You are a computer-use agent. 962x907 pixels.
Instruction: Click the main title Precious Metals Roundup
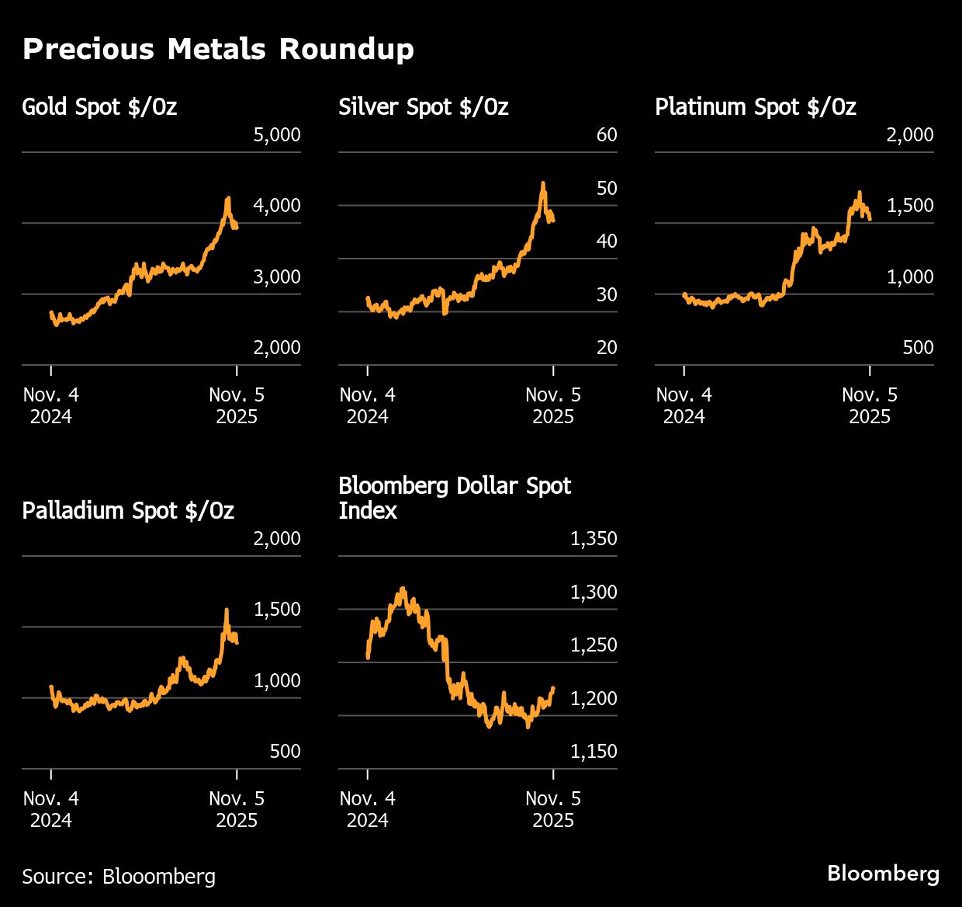coord(218,49)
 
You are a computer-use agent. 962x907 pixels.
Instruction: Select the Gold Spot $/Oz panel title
coord(99,106)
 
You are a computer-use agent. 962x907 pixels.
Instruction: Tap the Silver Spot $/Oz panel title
coord(423,106)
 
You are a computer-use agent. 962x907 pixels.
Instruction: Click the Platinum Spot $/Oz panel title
coord(755,106)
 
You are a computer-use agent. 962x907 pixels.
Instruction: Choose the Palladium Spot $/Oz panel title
coord(128,510)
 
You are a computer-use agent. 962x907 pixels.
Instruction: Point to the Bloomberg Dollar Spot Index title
coord(454,498)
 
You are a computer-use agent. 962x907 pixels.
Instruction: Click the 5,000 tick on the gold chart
coord(277,135)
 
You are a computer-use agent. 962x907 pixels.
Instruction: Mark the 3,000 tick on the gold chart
coord(277,277)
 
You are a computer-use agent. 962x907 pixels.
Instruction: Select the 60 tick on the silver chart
coord(606,135)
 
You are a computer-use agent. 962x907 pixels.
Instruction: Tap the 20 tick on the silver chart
coord(606,348)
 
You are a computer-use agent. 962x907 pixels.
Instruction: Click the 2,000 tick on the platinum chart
coord(910,135)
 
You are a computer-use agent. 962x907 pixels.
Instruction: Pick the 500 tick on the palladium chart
coord(285,752)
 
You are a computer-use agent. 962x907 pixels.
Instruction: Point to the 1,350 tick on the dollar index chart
coord(593,539)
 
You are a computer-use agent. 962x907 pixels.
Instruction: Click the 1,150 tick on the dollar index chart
coord(593,752)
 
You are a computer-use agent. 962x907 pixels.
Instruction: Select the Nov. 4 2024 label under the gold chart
coord(51,405)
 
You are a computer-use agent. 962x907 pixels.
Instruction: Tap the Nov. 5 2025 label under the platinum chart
coord(870,405)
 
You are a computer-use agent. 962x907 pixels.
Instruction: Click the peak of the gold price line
coord(227,199)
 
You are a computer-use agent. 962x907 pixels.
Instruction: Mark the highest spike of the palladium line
coord(227,610)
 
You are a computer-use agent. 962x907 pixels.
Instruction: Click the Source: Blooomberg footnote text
coord(119,876)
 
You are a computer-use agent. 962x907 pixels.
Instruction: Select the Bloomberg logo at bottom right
coord(883,874)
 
